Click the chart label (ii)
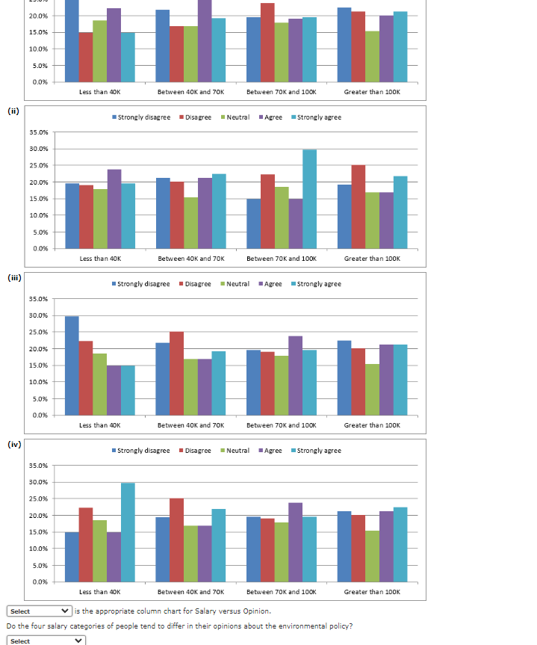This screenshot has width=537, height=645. [13, 111]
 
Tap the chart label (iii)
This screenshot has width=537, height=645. [13, 277]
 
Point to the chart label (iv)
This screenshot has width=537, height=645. [13, 444]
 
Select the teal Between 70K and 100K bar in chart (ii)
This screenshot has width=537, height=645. [309, 199]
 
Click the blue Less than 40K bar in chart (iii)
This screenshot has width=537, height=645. [72, 365]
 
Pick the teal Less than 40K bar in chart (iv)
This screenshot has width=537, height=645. [128, 532]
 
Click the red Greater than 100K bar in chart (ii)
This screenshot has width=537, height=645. [358, 207]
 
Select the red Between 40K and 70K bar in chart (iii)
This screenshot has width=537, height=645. [176, 374]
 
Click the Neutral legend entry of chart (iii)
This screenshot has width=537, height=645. [238, 284]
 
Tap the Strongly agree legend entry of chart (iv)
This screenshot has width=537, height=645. [319, 451]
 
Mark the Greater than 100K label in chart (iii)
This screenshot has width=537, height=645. [372, 425]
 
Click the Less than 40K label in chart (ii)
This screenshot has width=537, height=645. [99, 259]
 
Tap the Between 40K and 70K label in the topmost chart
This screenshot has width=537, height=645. [190, 92]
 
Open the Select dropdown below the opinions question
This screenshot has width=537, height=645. [46, 641]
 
